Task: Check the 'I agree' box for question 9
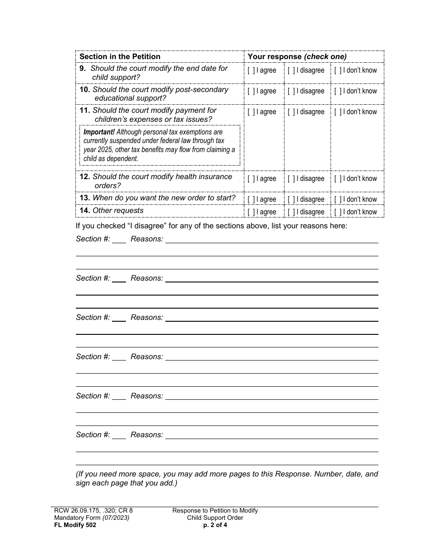[x=251, y=70]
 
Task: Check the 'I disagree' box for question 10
[x=291, y=91]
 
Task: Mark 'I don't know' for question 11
[x=338, y=112]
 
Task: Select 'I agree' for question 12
[x=251, y=179]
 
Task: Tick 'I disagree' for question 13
[x=291, y=199]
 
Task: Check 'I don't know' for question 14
[x=338, y=212]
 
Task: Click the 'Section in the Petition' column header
[x=120, y=56]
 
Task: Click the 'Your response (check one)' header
[x=297, y=56]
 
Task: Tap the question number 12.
[x=85, y=177]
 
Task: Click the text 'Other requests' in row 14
[x=118, y=211]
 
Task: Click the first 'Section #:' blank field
[x=119, y=240]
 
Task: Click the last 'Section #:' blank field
[x=119, y=435]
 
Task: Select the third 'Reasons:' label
[x=147, y=318]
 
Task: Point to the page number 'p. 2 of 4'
[x=215, y=525]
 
